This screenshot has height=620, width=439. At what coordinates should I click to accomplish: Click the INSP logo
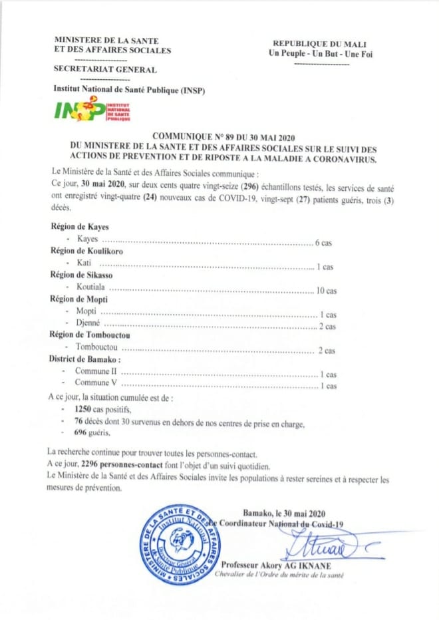pyautogui.click(x=92, y=108)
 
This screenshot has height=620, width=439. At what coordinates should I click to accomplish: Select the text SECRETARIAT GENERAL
pyautogui.click(x=105, y=70)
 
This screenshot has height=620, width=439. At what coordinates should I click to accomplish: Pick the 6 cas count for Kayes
pyautogui.click(x=323, y=243)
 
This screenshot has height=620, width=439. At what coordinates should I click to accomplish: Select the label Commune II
pyautogui.click(x=96, y=374)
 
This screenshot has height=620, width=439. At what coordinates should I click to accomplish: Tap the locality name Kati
pyautogui.click(x=84, y=266)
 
